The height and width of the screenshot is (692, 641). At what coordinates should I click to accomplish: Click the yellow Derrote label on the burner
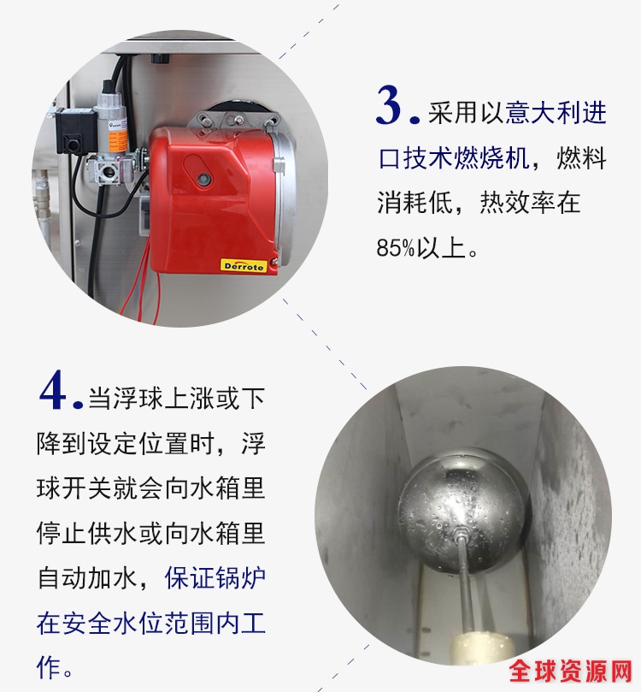[244, 266]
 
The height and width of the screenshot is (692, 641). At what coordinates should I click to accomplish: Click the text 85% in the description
[396, 248]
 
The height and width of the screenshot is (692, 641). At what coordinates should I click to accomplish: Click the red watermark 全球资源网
[571, 671]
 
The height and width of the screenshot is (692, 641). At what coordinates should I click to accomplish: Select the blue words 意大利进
[556, 113]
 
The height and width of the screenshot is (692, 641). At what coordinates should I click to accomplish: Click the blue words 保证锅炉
[215, 578]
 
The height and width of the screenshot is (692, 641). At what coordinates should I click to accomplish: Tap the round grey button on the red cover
[203, 178]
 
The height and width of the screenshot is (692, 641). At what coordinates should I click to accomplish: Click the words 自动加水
[88, 578]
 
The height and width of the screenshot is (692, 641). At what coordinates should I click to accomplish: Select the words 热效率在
[530, 203]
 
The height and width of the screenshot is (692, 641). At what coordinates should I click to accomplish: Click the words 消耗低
[415, 203]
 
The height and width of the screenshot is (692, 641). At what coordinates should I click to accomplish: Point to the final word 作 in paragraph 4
[49, 667]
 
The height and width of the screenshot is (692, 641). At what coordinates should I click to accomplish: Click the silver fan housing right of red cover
[285, 194]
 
